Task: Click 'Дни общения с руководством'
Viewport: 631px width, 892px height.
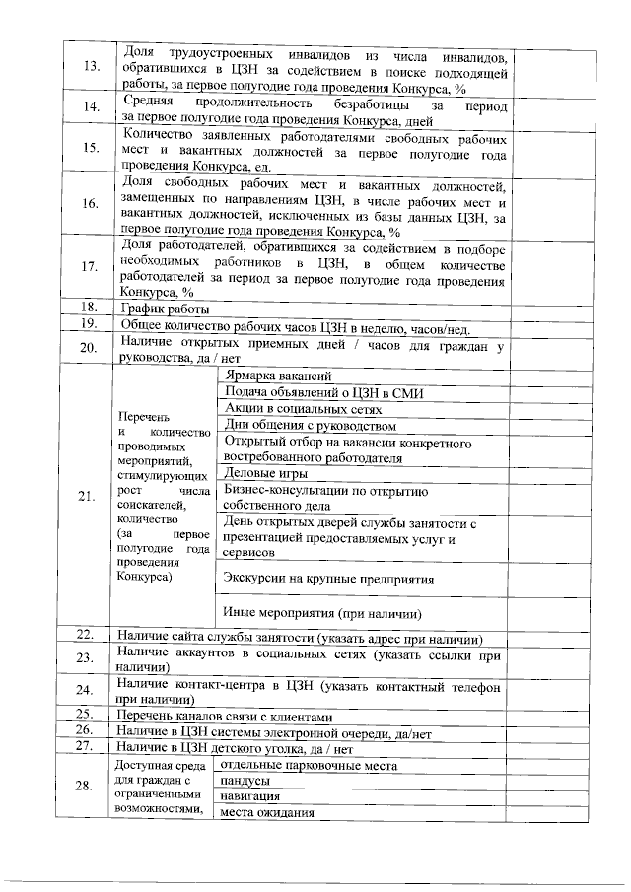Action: [311, 426]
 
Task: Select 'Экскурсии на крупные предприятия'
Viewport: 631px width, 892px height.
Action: [329, 579]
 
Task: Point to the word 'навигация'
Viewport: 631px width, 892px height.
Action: [249, 796]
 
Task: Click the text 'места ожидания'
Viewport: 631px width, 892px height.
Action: [267, 812]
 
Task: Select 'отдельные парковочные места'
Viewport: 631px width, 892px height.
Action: [309, 765]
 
